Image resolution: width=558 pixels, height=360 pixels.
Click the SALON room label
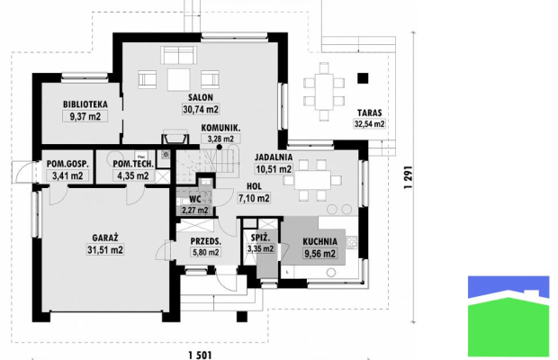[201, 97]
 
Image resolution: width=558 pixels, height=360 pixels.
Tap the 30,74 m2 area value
[201, 109]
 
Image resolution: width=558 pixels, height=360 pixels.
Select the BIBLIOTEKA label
[85, 104]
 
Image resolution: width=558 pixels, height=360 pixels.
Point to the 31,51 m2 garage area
[105, 249]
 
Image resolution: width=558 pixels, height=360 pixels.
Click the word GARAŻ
[105, 238]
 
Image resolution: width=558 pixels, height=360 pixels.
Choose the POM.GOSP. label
[67, 164]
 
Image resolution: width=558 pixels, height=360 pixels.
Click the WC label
[195, 199]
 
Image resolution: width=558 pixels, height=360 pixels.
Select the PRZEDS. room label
[206, 241]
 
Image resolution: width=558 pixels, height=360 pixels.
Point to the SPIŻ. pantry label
[260, 238]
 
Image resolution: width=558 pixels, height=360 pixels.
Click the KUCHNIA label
[319, 242]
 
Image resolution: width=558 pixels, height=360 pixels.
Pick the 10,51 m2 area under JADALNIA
[274, 169]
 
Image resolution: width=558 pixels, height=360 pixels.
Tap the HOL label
[254, 186]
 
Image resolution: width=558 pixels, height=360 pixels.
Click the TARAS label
[369, 113]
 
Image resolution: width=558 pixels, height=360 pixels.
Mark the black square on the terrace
[363, 78]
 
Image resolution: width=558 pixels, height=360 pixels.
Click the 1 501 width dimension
[200, 355]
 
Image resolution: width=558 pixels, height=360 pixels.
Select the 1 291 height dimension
[409, 176]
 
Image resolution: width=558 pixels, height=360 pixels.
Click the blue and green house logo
[508, 316]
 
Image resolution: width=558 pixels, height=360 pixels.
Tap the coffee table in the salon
[179, 80]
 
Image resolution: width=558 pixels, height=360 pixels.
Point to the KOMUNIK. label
[220, 128]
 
